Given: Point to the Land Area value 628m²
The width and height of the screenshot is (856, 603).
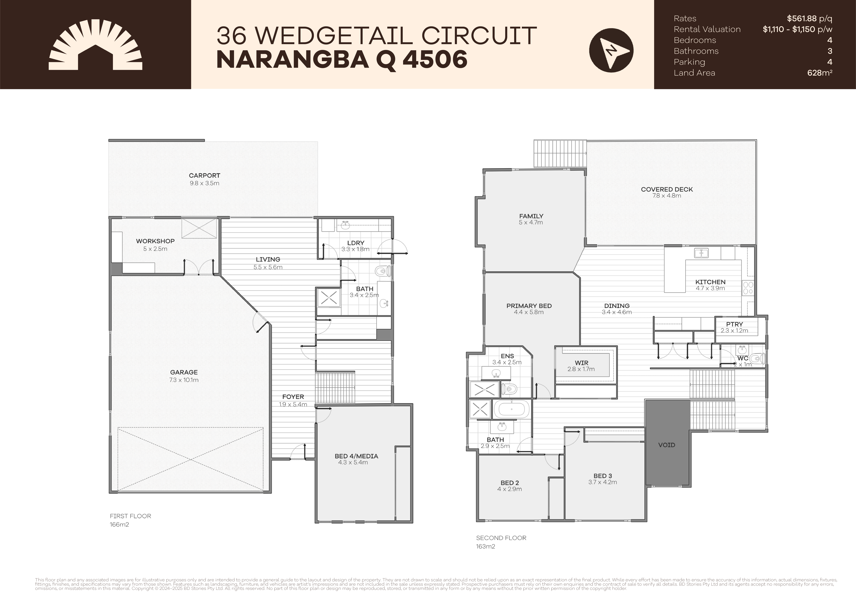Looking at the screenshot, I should tap(819, 73).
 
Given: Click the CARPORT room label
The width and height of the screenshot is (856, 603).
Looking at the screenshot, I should tap(204, 175).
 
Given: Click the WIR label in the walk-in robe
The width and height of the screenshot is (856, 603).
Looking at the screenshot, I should tap(581, 363).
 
